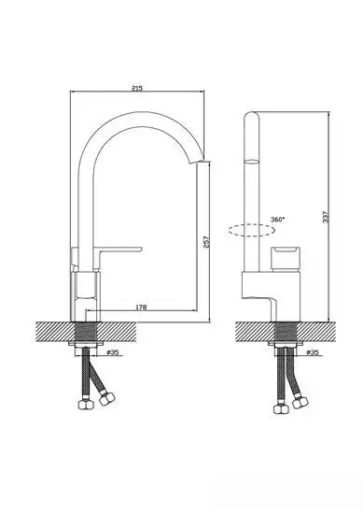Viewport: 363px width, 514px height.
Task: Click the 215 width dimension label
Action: pos(137,88)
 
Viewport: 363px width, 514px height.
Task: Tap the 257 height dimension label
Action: pos(206,242)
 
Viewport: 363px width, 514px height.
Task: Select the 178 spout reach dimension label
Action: pos(141,307)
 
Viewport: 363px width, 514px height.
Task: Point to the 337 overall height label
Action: pos(326,217)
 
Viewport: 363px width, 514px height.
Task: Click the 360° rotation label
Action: pos(277,220)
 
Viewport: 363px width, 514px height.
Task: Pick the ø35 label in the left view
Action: pos(113,352)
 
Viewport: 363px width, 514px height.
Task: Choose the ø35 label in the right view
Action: pos(313,352)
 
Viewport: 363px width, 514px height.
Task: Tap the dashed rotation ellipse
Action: pos(251,230)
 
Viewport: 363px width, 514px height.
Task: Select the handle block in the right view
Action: pos(285,259)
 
